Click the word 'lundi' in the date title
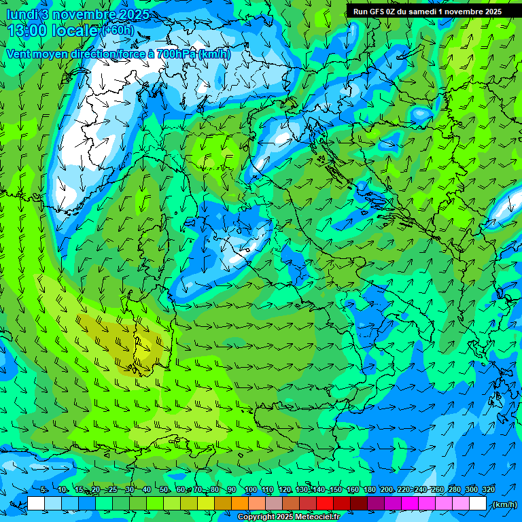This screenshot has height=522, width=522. click(21, 14)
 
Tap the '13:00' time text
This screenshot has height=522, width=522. click(27, 31)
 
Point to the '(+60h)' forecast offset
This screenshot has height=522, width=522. click(118, 31)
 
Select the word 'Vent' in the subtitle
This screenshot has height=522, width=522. click(18, 54)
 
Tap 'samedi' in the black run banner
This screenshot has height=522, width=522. click(425, 12)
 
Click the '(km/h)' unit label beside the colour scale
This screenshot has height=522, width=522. click(504, 504)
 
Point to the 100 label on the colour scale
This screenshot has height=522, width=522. click(251, 490)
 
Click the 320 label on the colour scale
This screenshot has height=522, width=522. click(488, 490)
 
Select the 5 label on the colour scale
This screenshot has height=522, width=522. click(43, 490)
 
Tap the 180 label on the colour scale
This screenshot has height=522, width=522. click(369, 490)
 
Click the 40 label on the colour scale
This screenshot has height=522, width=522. click(147, 490)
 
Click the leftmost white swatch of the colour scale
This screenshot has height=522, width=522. click(36, 504)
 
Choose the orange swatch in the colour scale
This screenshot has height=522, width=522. click(240, 504)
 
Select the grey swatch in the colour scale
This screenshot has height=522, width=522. click(274, 504)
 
